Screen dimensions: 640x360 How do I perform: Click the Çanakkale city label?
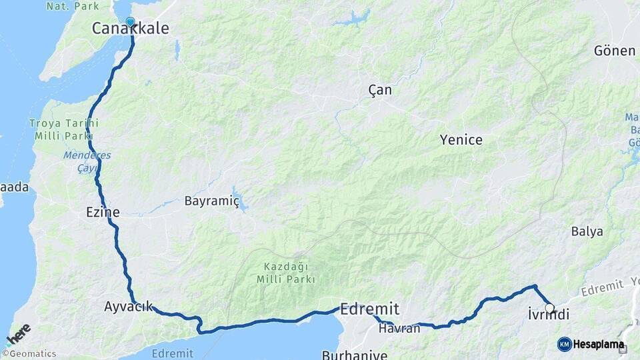(130, 29)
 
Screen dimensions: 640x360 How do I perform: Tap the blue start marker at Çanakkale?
(130, 21)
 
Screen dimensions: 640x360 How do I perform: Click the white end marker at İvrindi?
(549, 308)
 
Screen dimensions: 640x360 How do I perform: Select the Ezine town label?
(103, 213)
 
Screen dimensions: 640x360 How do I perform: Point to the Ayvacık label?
(128, 307)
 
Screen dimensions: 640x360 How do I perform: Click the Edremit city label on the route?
(369, 309)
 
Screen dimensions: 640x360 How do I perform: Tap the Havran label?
(399, 328)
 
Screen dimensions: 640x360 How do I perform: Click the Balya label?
(587, 231)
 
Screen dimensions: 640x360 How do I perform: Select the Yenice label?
(461, 140)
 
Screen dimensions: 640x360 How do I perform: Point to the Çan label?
(380, 90)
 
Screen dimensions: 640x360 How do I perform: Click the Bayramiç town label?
(211, 200)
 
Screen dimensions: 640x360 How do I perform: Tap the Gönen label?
(615, 51)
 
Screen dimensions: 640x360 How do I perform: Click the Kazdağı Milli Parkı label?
(287, 273)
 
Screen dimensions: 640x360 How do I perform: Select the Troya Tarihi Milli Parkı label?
(64, 129)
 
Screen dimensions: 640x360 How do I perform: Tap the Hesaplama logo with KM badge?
(591, 345)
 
